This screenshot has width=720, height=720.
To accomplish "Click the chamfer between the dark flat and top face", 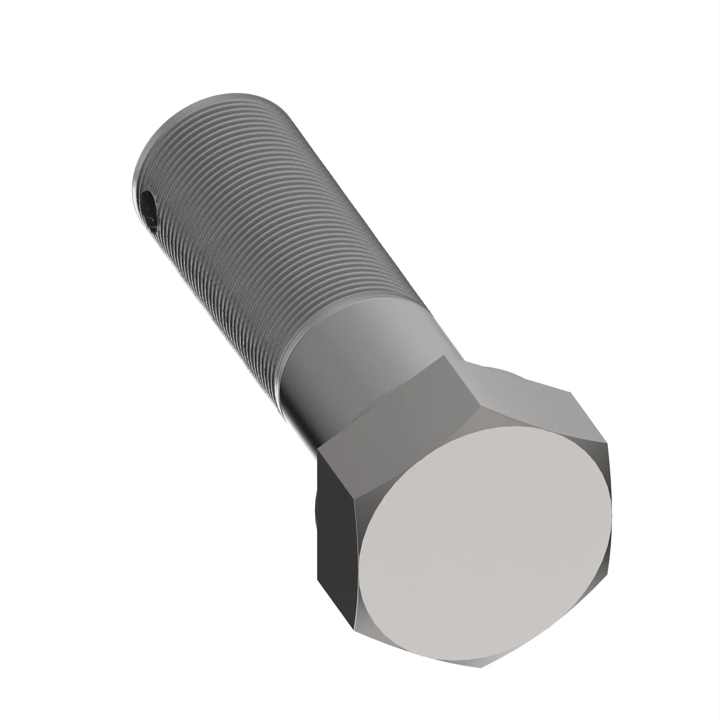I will [x=360, y=559].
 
